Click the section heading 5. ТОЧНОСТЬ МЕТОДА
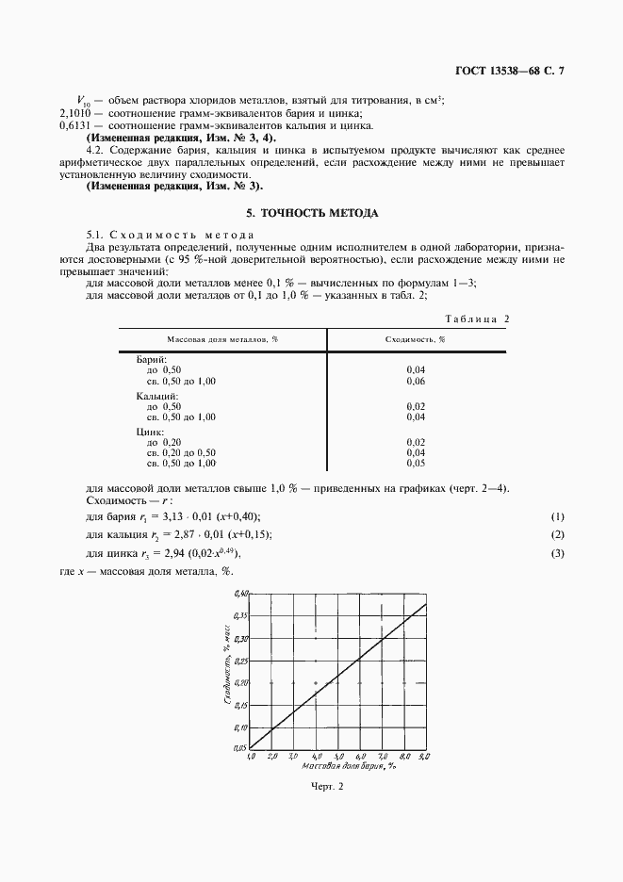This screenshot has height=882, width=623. pos(311,214)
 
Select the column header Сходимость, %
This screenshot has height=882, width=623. pos(415,338)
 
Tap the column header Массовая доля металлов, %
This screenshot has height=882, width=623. pos(222,338)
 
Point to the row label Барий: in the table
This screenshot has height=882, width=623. pos(151,359)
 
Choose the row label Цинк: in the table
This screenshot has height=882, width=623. pos(151,432)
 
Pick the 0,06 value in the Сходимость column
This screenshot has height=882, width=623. pos(415,381)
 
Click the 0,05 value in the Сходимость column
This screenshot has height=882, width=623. pos(415,463)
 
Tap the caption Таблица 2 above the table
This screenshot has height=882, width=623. pos(476,318)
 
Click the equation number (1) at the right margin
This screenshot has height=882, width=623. pos(557,517)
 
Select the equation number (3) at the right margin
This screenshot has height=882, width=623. pos(557,552)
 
